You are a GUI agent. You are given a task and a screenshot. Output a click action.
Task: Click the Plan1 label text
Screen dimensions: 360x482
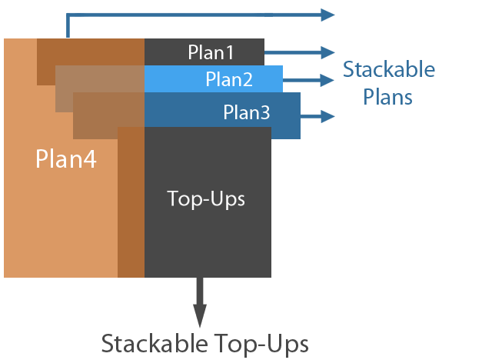point(211,52)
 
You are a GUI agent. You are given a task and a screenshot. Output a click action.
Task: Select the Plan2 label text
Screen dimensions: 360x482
point(228,78)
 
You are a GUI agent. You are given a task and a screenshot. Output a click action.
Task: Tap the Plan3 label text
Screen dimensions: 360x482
point(247,112)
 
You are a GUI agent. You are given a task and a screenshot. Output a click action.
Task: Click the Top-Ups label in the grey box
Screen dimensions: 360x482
point(206,198)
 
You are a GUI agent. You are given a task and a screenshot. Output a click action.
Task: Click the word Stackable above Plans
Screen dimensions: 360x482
point(389,70)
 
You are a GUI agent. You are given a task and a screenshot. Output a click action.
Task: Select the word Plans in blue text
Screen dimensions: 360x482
point(388,97)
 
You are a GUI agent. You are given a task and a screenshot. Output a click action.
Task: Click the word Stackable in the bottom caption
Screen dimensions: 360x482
point(160,342)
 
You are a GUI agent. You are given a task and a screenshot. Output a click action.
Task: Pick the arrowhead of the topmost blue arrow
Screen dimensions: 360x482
point(328,15)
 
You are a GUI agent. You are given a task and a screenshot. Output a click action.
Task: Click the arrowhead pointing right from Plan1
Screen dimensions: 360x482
point(329,52)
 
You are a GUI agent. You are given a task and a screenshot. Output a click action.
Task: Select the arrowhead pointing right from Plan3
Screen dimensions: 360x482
point(329,116)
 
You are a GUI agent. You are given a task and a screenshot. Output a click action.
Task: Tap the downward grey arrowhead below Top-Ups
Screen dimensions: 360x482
point(200,315)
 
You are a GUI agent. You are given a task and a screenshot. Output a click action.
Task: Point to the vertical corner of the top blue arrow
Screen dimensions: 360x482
point(68,16)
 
